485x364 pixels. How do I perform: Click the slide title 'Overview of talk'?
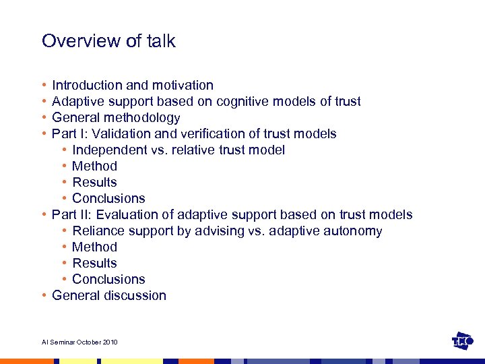coord(108,41)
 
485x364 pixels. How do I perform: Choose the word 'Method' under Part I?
coord(94,166)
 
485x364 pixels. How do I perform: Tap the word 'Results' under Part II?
coord(94,264)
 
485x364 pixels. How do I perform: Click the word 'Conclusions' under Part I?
coord(108,199)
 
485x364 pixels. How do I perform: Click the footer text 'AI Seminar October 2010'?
coord(79,342)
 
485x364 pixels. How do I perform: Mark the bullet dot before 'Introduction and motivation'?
coord(43,86)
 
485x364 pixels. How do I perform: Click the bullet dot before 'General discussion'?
coord(43,296)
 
